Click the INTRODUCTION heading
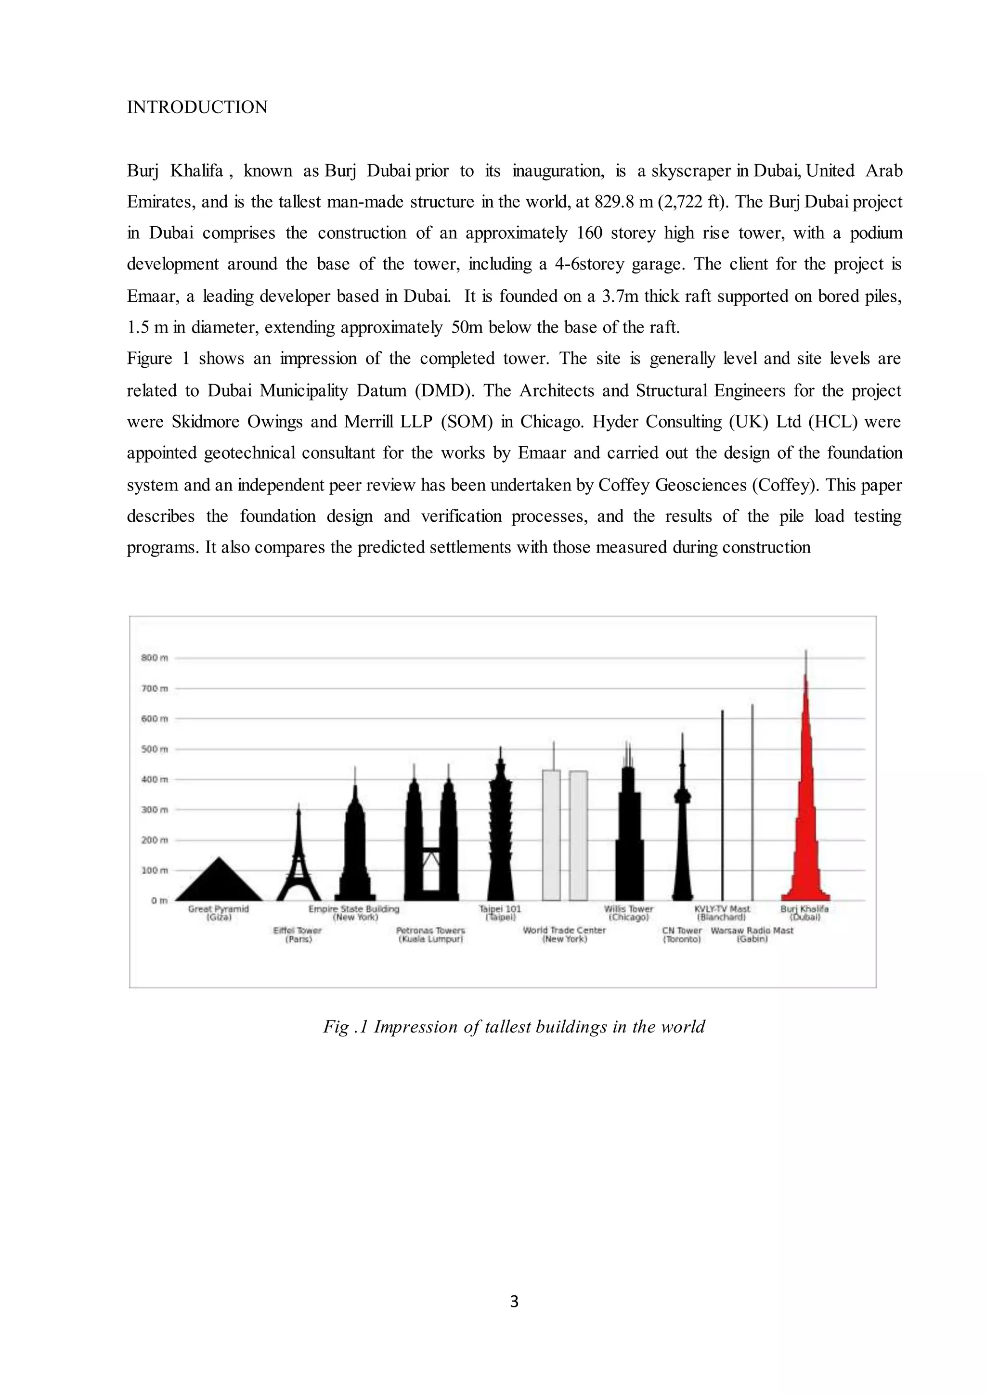point(197,107)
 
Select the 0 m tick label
point(159,901)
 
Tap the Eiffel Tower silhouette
point(298,862)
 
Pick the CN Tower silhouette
point(682,850)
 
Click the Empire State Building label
point(354,913)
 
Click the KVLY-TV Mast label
point(722,913)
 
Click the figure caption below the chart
point(514,1027)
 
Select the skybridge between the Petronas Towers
point(431,849)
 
